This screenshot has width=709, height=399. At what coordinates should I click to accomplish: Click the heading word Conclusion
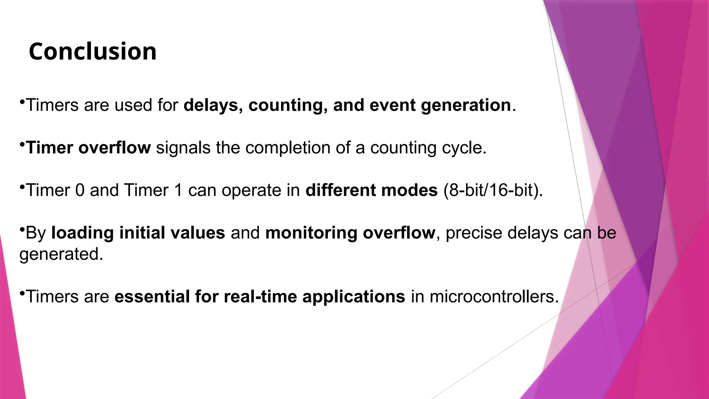[x=92, y=52]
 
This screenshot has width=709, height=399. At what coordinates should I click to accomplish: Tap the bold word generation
[x=466, y=105]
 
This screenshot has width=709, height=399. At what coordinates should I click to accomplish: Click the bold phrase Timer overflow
[x=88, y=148]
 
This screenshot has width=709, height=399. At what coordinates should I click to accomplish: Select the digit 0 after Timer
[x=80, y=190]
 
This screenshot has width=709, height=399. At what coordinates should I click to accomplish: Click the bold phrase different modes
[x=371, y=190]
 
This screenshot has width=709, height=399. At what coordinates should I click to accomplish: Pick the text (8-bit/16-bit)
[x=493, y=190]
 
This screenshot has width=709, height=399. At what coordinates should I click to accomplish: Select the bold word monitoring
[x=311, y=233]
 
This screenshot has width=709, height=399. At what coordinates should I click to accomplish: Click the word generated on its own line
[x=61, y=254]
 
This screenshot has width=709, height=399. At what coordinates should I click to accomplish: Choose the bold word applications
[x=353, y=297]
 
